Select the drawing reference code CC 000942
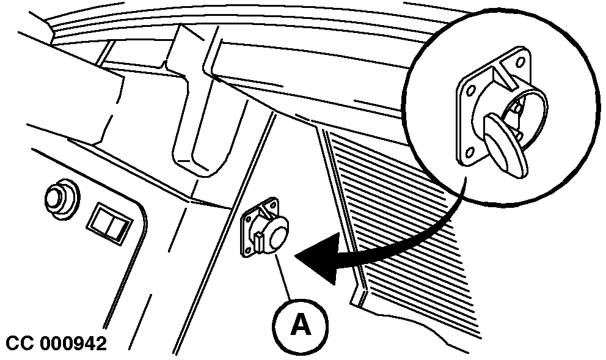click(56, 343)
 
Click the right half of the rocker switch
click(118, 228)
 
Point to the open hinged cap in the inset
click(506, 146)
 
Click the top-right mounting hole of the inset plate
click(520, 62)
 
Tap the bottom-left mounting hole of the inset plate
click(470, 152)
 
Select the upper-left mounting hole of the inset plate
click(471, 90)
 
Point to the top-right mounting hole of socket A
click(274, 204)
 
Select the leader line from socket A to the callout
click(283, 276)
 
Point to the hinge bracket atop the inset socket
click(506, 73)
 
